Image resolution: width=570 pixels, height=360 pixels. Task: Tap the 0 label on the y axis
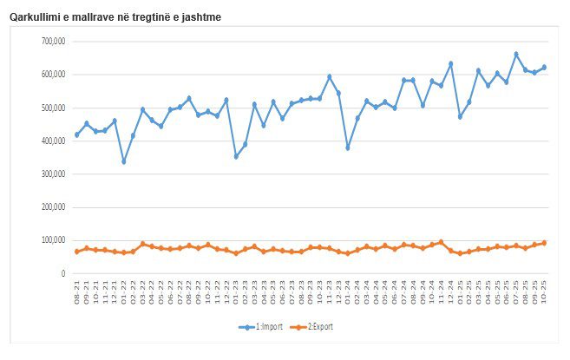tap(63, 274)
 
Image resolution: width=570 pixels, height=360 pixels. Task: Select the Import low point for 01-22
tap(124, 161)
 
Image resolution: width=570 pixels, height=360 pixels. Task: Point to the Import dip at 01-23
tap(236, 156)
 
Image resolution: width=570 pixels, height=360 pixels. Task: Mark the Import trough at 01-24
tap(348, 147)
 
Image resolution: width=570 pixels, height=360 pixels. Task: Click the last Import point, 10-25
tap(544, 67)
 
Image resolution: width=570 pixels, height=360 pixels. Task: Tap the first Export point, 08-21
tap(77, 252)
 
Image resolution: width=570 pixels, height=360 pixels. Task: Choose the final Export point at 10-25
tap(544, 243)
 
